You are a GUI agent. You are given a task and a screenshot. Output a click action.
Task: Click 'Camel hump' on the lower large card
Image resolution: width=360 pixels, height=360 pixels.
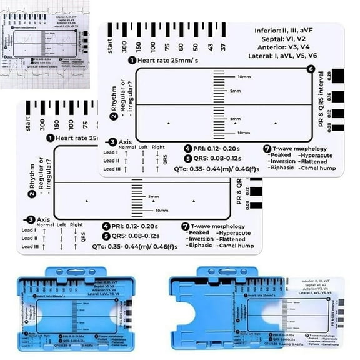pyautogui.click(x=236, y=246)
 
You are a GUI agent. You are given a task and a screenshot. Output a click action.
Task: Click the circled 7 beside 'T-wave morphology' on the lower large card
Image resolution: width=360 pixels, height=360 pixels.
pyautogui.click(x=186, y=225)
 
